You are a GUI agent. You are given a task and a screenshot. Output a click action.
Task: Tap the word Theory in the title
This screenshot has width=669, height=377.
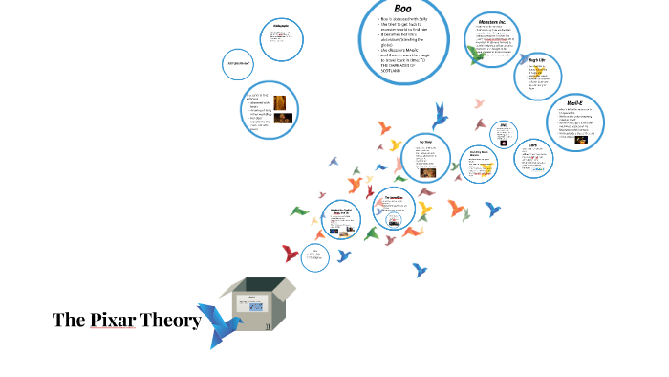(171, 320)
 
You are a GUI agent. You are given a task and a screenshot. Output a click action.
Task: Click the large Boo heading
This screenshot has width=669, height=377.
(403, 8)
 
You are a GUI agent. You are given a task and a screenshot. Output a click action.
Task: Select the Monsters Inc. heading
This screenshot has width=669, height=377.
(497, 21)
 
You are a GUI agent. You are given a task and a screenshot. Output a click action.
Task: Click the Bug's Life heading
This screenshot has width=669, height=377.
(538, 59)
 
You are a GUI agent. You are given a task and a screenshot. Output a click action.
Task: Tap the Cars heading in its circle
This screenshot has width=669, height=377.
(533, 144)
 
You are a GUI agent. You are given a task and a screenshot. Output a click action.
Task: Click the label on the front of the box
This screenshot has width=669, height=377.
(249, 305)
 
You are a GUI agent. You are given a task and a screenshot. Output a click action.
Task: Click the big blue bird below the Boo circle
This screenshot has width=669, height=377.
(441, 116)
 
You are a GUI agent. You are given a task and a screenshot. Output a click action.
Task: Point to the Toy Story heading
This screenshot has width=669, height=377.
(426, 142)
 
